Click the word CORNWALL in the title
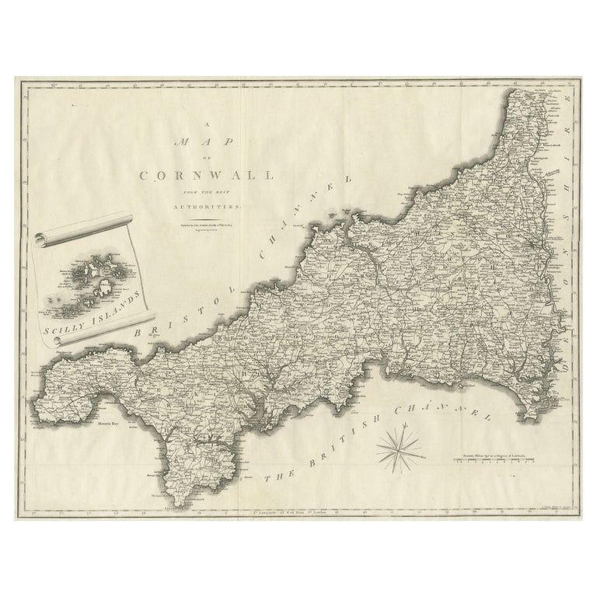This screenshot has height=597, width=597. (206, 175)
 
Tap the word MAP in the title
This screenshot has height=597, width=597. (206, 142)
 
